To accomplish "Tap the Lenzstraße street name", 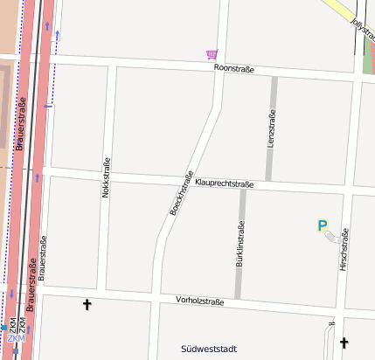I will (271, 129).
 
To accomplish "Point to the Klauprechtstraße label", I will (225, 183).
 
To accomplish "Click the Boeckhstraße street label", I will (181, 193).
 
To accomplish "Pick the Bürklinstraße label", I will (240, 243).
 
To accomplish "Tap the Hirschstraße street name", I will (344, 249).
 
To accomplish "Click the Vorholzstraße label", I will (200, 301).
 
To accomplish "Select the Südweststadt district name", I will (209, 350).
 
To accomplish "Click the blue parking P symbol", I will (322, 225).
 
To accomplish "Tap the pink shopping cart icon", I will (211, 54).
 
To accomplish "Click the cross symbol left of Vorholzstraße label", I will (87, 305).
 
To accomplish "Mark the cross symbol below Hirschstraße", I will (343, 343).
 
